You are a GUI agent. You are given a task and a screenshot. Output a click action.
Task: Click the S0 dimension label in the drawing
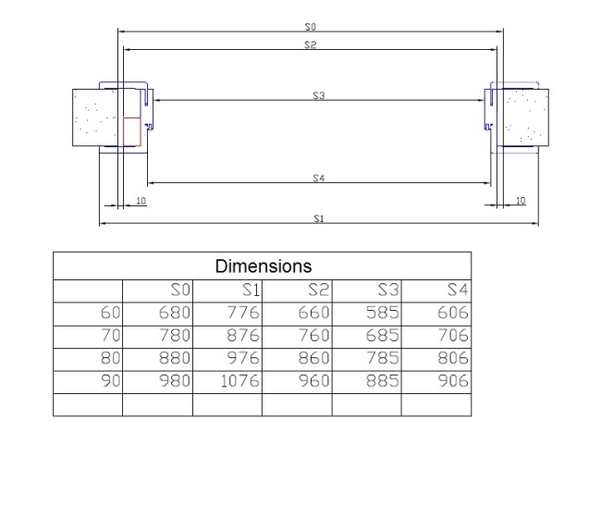click(x=310, y=27)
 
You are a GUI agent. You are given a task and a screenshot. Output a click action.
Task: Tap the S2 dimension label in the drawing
click(x=310, y=44)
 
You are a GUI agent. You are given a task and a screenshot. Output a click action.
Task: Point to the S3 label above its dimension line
click(x=318, y=95)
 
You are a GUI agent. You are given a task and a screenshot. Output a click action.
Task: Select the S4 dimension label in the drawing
click(x=318, y=178)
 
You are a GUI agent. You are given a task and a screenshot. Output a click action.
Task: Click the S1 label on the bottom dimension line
click(x=319, y=218)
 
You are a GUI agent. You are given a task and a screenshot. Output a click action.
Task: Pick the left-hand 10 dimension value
click(x=141, y=201)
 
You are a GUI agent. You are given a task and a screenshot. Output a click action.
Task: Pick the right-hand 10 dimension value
click(x=521, y=201)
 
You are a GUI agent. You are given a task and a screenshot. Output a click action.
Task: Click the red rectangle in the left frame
click(x=132, y=132)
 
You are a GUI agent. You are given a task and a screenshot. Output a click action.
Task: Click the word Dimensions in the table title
click(x=264, y=266)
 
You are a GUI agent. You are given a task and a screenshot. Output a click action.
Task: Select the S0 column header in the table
click(x=180, y=290)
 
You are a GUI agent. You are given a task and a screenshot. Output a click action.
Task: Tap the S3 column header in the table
click(x=388, y=290)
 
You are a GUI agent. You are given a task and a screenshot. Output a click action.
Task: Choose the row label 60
click(x=110, y=313)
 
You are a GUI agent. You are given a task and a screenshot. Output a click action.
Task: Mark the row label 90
click(x=110, y=381)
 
